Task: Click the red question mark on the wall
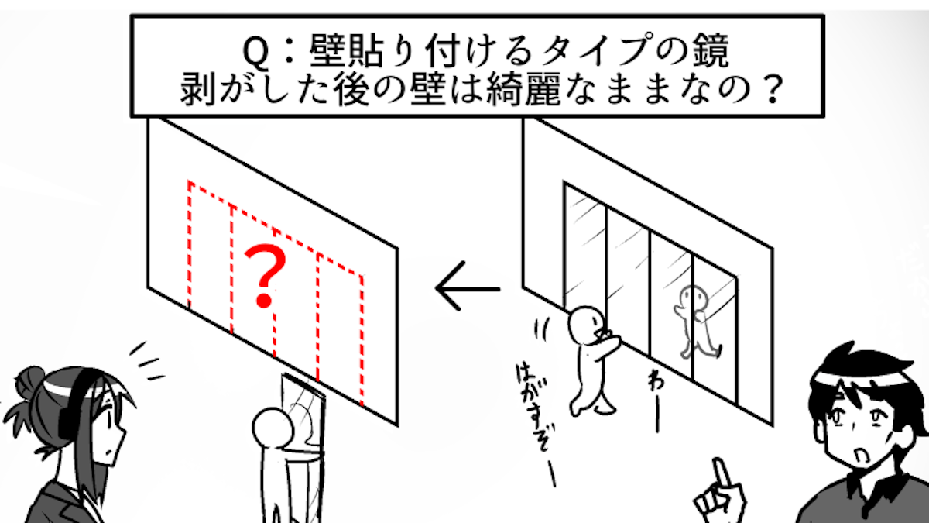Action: pos(263,274)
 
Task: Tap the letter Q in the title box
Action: pos(255,54)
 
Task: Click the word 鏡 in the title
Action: pos(709,54)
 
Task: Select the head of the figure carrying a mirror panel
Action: pos(272,428)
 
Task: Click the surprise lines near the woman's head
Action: pos(147,360)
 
